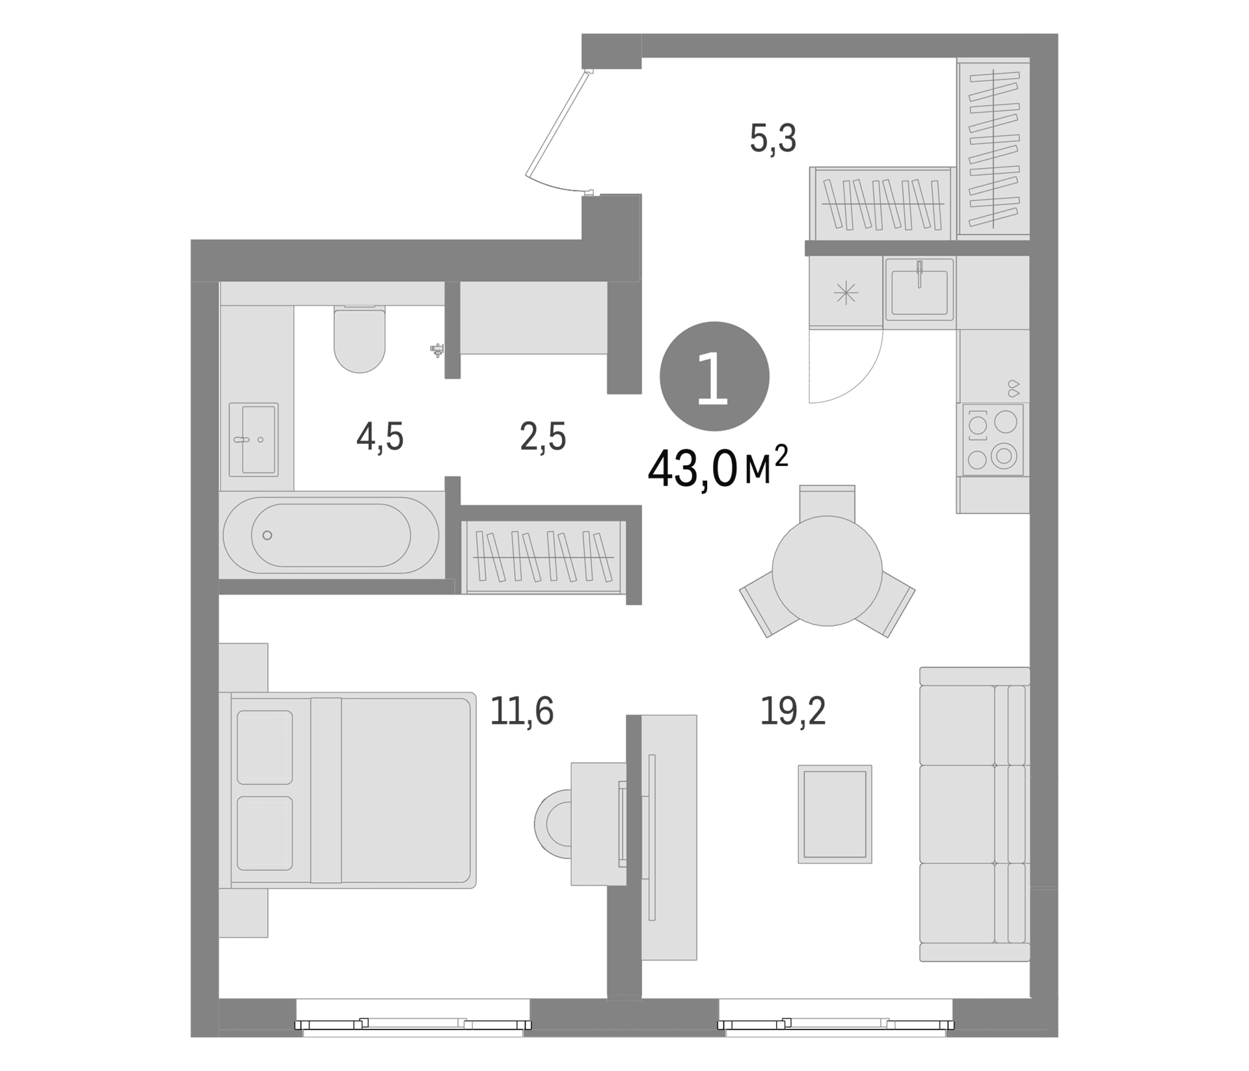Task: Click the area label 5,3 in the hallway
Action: [x=773, y=139]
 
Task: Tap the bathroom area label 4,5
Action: [x=380, y=437]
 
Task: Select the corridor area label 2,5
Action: [x=543, y=437]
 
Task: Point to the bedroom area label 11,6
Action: [x=522, y=711]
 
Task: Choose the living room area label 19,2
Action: [x=793, y=711]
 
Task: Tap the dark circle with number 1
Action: [x=714, y=376]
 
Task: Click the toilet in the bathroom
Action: [x=360, y=339]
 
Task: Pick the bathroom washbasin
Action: [x=254, y=439]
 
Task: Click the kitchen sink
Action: [x=919, y=290]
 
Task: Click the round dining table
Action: [x=827, y=571]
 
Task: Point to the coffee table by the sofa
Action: [x=835, y=814]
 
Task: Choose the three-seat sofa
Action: [x=974, y=814]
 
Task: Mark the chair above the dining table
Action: [x=827, y=501]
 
